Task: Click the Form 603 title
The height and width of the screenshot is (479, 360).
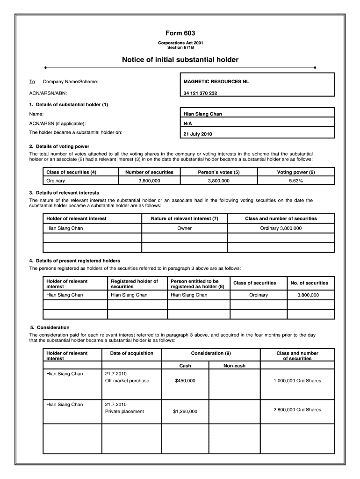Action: tap(180, 33)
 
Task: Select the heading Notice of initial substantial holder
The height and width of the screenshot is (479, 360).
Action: tap(180, 60)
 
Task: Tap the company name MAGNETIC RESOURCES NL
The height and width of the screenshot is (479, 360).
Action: tap(216, 82)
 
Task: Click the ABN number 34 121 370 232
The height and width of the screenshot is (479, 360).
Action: tap(200, 93)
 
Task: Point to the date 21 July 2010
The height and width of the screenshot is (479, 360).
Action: tap(198, 134)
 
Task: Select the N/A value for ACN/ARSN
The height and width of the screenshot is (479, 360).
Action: tap(187, 123)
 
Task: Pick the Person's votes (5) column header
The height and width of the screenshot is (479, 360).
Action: tap(219, 172)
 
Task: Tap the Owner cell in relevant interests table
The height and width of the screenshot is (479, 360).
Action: tap(184, 228)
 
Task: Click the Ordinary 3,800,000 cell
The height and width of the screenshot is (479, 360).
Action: tap(281, 228)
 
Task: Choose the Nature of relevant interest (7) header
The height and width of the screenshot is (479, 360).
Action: tap(184, 218)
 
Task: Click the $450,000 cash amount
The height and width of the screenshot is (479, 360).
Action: tap(185, 381)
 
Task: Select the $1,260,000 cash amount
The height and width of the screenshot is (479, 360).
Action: tap(185, 412)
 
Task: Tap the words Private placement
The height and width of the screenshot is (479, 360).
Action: tap(125, 412)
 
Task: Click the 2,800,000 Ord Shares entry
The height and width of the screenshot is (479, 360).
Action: tap(297, 410)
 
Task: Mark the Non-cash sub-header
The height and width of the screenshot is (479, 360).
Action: tap(234, 366)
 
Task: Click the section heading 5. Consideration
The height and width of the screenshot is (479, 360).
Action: tap(50, 327)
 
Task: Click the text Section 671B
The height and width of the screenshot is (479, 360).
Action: tap(180, 47)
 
